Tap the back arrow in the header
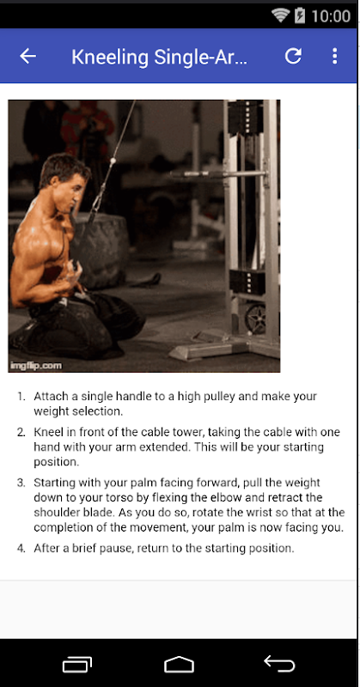point(27,56)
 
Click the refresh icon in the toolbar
point(293,56)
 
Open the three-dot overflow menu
point(334,56)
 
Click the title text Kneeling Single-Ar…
point(159,57)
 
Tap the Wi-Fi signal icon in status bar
point(281,15)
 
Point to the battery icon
point(300,15)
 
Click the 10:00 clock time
point(331,16)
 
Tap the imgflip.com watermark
point(37,365)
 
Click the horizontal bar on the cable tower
point(218,175)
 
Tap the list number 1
point(21,397)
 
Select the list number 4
point(21,548)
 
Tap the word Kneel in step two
point(46,432)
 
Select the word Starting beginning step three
point(54,483)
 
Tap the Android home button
point(179,664)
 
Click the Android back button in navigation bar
point(279,663)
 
